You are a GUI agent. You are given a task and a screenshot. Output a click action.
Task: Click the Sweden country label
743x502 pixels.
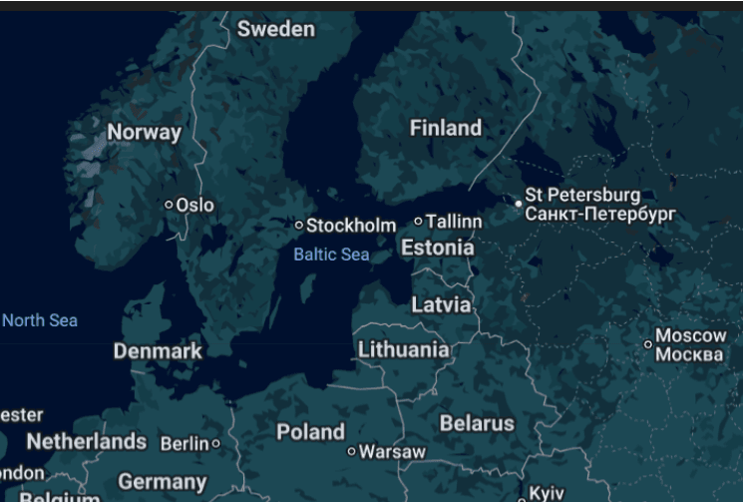275,29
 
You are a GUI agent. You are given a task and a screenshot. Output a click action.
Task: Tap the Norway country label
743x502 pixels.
145,132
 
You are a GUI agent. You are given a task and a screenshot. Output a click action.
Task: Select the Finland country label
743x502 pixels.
446,128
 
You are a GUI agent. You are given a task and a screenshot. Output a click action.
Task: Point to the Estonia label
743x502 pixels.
438,247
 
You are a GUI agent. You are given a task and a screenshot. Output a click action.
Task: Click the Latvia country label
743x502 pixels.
441,304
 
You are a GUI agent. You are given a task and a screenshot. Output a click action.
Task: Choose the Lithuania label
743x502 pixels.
403,349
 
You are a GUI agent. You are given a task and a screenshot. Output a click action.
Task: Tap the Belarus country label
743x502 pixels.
477,423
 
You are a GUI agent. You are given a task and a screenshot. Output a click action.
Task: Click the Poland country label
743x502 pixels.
310,432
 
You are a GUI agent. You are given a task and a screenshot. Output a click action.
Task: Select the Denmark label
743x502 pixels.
158,351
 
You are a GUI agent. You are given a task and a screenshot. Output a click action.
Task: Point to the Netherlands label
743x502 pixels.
87,441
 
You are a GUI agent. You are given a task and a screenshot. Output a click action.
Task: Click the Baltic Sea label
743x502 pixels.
331,254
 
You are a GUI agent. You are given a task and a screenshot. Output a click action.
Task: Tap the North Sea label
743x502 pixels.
40,320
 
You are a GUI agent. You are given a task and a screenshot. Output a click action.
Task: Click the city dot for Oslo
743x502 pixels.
170,205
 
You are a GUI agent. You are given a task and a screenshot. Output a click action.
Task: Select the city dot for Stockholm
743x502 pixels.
299,226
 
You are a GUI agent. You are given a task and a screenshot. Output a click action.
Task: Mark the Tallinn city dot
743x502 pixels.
419,222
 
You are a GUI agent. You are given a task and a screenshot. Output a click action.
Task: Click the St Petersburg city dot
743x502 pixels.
519,204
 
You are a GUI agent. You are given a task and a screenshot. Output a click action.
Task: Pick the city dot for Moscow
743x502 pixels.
648,344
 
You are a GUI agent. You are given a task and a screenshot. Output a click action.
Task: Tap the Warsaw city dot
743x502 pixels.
351,452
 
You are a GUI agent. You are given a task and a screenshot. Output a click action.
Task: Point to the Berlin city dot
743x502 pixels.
215,443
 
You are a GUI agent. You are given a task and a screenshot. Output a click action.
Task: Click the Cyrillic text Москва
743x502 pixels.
690,355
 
